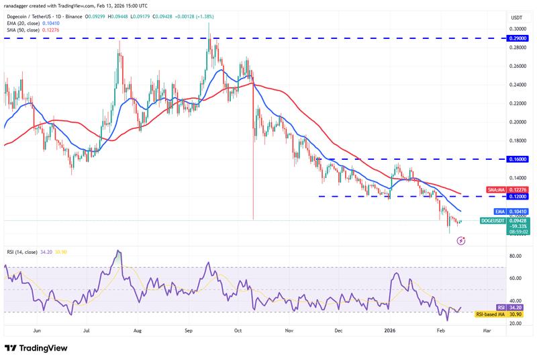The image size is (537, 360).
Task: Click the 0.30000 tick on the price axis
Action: pos(517,29)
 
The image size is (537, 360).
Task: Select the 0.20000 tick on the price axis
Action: pos(517,122)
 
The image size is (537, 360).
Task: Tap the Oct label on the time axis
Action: pos(238,331)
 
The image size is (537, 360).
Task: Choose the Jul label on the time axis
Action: pos(87,331)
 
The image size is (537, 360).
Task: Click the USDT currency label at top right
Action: pos(517,17)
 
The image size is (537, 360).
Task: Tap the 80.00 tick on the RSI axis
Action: pos(516,256)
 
